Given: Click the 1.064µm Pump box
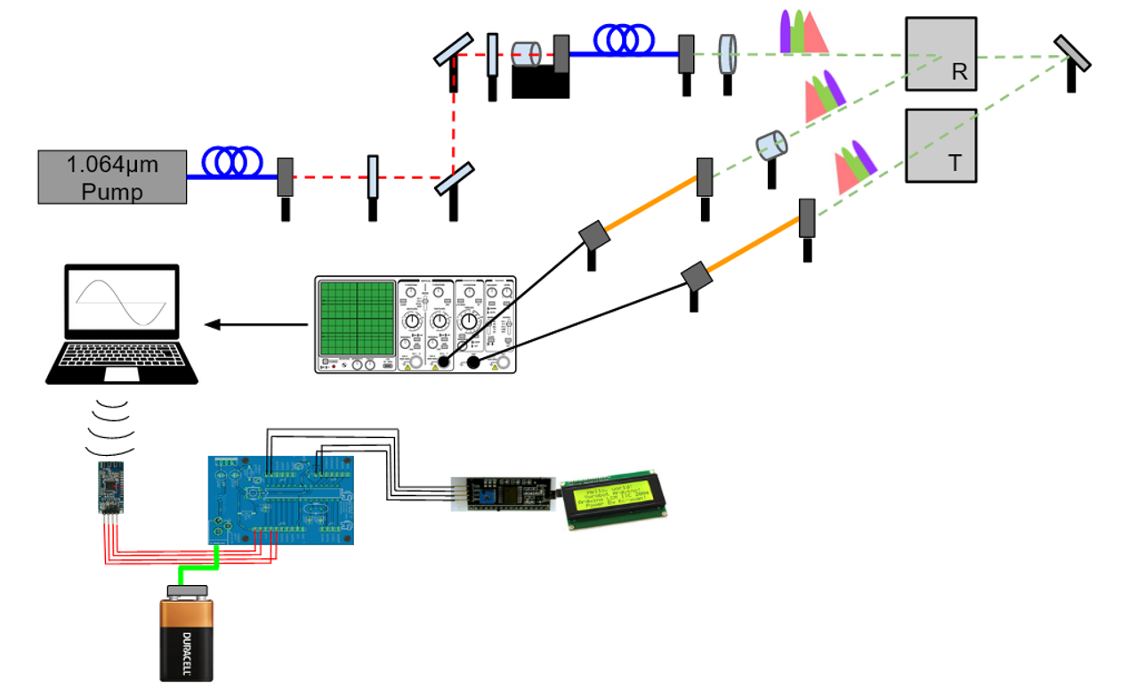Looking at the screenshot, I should click(112, 176).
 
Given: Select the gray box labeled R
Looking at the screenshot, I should click(941, 53).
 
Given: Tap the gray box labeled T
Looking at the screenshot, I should click(941, 146).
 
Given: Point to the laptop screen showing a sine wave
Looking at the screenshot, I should click(121, 302).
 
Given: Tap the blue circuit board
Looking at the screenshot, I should click(281, 500).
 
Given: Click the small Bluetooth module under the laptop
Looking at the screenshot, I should click(111, 487).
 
